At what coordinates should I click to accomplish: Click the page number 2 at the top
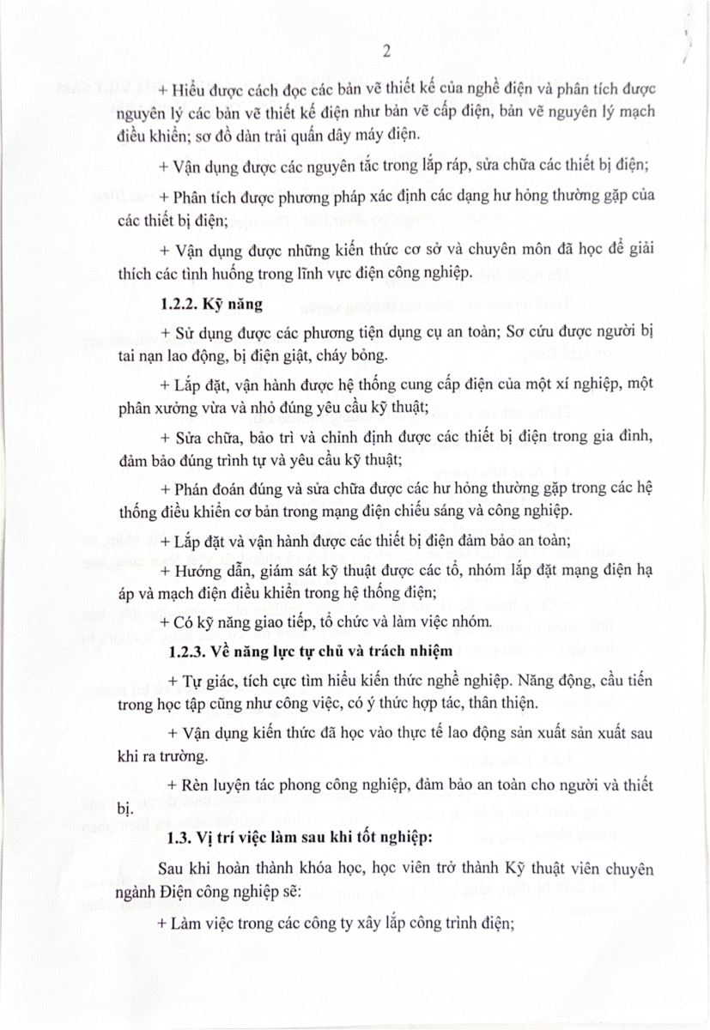point(386,51)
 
